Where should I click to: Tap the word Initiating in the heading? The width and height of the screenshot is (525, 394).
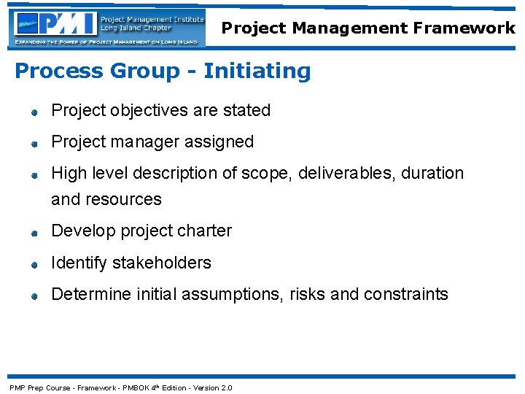pyautogui.click(x=257, y=72)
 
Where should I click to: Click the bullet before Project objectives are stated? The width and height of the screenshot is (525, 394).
pyautogui.click(x=34, y=112)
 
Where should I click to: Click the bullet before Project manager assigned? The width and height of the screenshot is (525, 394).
pyautogui.click(x=34, y=144)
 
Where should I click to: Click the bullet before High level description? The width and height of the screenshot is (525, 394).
pyautogui.click(x=34, y=175)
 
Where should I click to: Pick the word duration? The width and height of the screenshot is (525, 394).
pyautogui.click(x=432, y=174)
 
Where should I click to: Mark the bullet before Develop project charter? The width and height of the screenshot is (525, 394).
pyautogui.click(x=34, y=233)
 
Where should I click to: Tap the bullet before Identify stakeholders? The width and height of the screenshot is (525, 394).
pyautogui.click(x=34, y=264)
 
